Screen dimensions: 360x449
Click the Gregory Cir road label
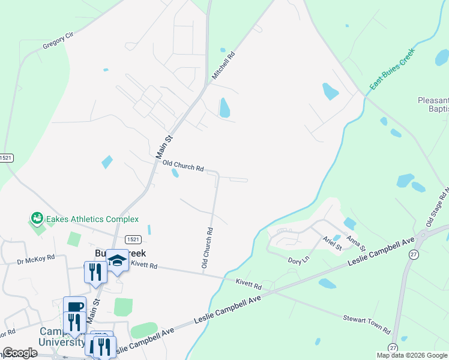pyautogui.click(x=58, y=41)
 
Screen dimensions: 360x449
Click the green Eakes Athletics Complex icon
pyautogui.click(x=37, y=218)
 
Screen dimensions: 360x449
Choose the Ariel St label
pyautogui.click(x=332, y=243)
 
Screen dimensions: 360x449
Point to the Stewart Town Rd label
pyautogui.click(x=367, y=324)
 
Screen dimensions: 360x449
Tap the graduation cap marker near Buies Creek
pyautogui.click(x=118, y=260)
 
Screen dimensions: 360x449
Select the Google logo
pyautogui.click(x=20, y=353)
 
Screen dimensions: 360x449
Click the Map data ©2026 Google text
pyautogui.click(x=412, y=355)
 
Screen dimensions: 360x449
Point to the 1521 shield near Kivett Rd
pyautogui.click(x=133, y=239)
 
